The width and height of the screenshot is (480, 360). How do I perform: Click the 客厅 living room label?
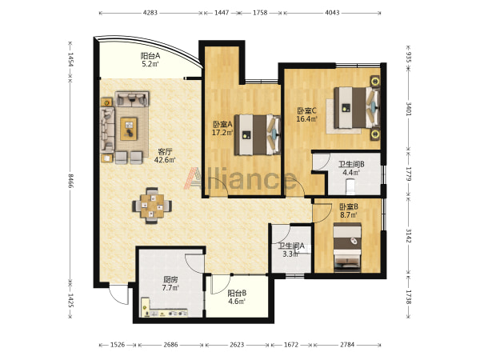(x=165, y=151)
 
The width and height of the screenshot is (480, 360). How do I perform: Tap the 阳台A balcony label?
(x=150, y=56)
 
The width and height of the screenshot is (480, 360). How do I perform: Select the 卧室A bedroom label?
(x=223, y=125)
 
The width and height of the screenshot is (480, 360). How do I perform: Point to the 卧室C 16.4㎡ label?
(x=306, y=114)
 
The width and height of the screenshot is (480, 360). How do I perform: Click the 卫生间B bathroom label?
(x=351, y=164)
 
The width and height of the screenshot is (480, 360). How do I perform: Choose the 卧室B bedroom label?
(x=349, y=207)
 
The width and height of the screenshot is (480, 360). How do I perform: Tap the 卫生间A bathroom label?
(x=291, y=246)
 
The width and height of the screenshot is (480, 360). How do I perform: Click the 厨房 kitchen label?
(x=170, y=280)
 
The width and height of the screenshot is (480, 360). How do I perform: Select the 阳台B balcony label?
(x=237, y=294)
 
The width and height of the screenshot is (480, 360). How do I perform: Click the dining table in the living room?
(x=152, y=206)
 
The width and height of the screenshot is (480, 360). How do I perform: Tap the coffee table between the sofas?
(x=129, y=129)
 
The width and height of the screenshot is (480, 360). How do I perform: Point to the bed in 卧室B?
(x=347, y=247)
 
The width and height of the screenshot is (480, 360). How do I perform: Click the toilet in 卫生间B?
(x=350, y=187)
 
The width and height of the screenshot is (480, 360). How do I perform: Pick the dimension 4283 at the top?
(x=150, y=13)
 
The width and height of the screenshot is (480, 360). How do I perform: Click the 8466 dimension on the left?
(x=70, y=181)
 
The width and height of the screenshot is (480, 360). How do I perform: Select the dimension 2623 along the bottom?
(x=238, y=345)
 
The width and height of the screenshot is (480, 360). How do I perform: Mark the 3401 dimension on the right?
(x=409, y=109)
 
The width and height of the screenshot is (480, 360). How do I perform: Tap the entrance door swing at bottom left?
(x=118, y=294)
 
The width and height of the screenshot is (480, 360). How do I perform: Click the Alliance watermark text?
(x=239, y=179)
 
